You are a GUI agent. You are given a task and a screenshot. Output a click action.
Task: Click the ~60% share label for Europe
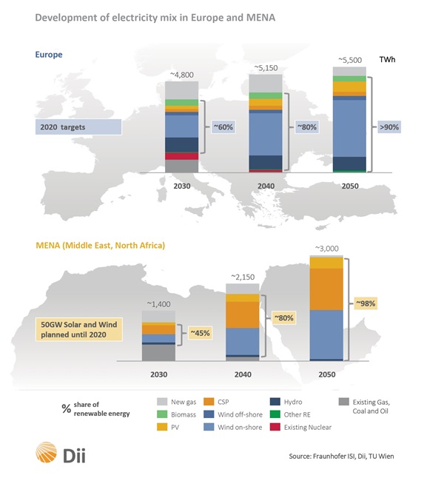click(223, 127)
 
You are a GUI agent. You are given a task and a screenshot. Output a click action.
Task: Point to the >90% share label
click(391, 127)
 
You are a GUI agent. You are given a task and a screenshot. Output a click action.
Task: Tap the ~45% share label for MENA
click(200, 333)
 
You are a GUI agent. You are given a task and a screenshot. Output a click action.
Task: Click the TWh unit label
click(388, 59)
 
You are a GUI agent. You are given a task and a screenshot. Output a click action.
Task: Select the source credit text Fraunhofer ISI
click(341, 457)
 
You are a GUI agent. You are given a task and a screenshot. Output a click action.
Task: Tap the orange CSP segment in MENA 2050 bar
click(326, 289)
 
